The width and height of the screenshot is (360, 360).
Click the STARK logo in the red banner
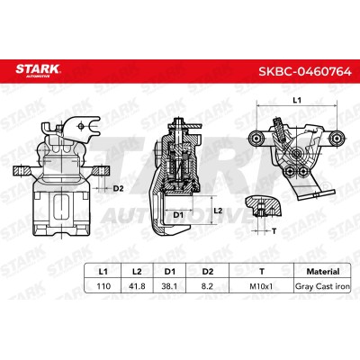coord(38,70)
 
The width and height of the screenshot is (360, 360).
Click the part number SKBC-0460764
coord(305,71)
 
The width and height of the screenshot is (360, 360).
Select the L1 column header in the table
coord(103,271)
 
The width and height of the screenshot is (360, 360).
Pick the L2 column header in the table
coord(137,271)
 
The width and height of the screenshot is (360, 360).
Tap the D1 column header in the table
coord(169,271)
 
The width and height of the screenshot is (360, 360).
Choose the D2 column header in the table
coord(208,271)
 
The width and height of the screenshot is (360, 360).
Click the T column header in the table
coord(262,271)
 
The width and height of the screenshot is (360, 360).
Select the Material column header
coord(323,271)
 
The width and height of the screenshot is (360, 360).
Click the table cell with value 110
coord(103,286)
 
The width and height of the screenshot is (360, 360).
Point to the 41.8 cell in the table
coord(137,286)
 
